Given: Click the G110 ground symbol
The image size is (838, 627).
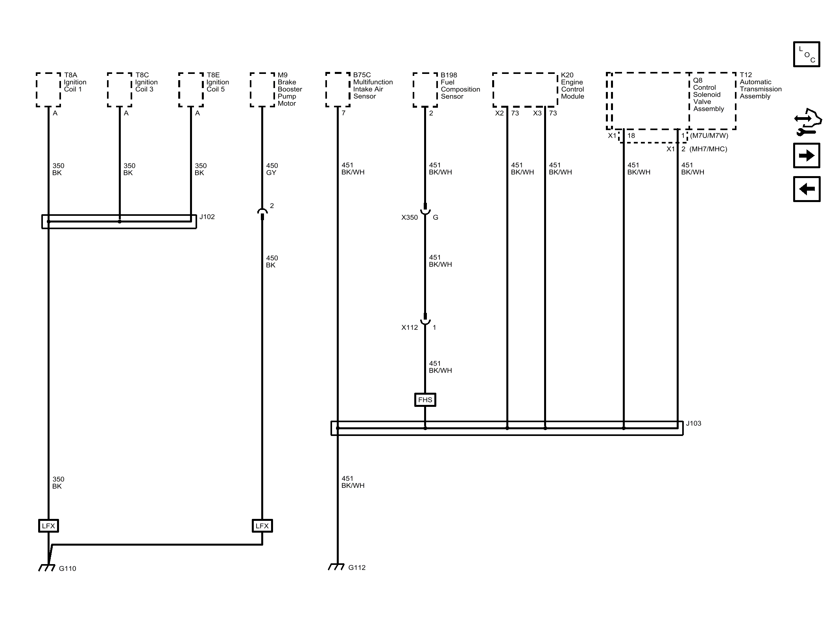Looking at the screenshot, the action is pyautogui.click(x=47, y=568).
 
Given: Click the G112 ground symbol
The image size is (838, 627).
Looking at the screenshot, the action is pyautogui.click(x=336, y=567).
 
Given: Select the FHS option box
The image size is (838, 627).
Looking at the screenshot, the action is pyautogui.click(x=425, y=400).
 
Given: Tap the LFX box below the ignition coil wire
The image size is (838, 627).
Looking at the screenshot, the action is pyautogui.click(x=48, y=526).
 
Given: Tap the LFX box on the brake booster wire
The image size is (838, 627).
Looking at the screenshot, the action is pyautogui.click(x=262, y=526).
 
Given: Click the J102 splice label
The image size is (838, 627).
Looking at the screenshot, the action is pyautogui.click(x=207, y=217).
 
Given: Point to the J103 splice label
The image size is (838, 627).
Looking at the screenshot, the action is pyautogui.click(x=694, y=423).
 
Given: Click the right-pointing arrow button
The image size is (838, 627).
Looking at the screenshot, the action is pyautogui.click(x=807, y=156).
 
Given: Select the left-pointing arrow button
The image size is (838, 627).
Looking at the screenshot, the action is pyautogui.click(x=807, y=189).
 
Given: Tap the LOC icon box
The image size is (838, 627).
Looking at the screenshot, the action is pyautogui.click(x=807, y=54).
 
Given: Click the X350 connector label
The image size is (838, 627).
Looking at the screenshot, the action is pyautogui.click(x=410, y=217).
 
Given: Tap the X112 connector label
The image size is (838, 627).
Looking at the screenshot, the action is pyautogui.click(x=410, y=327).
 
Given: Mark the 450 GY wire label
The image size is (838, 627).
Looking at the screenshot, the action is pyautogui.click(x=272, y=169).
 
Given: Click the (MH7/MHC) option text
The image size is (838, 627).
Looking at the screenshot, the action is pyautogui.click(x=708, y=149).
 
